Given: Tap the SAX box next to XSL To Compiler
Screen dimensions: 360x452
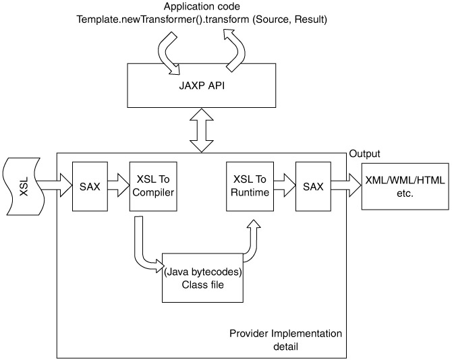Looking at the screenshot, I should coord(90,186).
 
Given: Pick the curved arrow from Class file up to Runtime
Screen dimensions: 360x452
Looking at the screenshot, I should coord(250,242).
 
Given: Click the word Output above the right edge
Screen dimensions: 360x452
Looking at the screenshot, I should coord(364,154).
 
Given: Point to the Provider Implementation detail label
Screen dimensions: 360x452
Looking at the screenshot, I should coord(286,340).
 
